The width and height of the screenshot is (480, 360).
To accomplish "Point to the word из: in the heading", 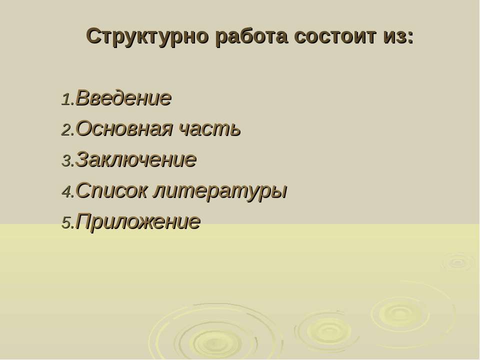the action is pos(398,36).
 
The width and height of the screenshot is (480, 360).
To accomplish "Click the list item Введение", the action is pos(123,98).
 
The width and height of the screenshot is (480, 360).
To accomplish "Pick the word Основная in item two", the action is pos(124,128).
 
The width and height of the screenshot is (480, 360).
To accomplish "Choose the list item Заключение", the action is pos(136,159).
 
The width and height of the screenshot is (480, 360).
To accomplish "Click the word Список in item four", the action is pos(111,190).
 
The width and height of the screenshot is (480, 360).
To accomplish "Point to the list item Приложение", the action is pos(138,221).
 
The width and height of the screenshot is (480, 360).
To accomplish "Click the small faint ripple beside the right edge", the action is pos(458,262).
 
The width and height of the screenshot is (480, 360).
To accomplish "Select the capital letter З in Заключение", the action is pos(81,159).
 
